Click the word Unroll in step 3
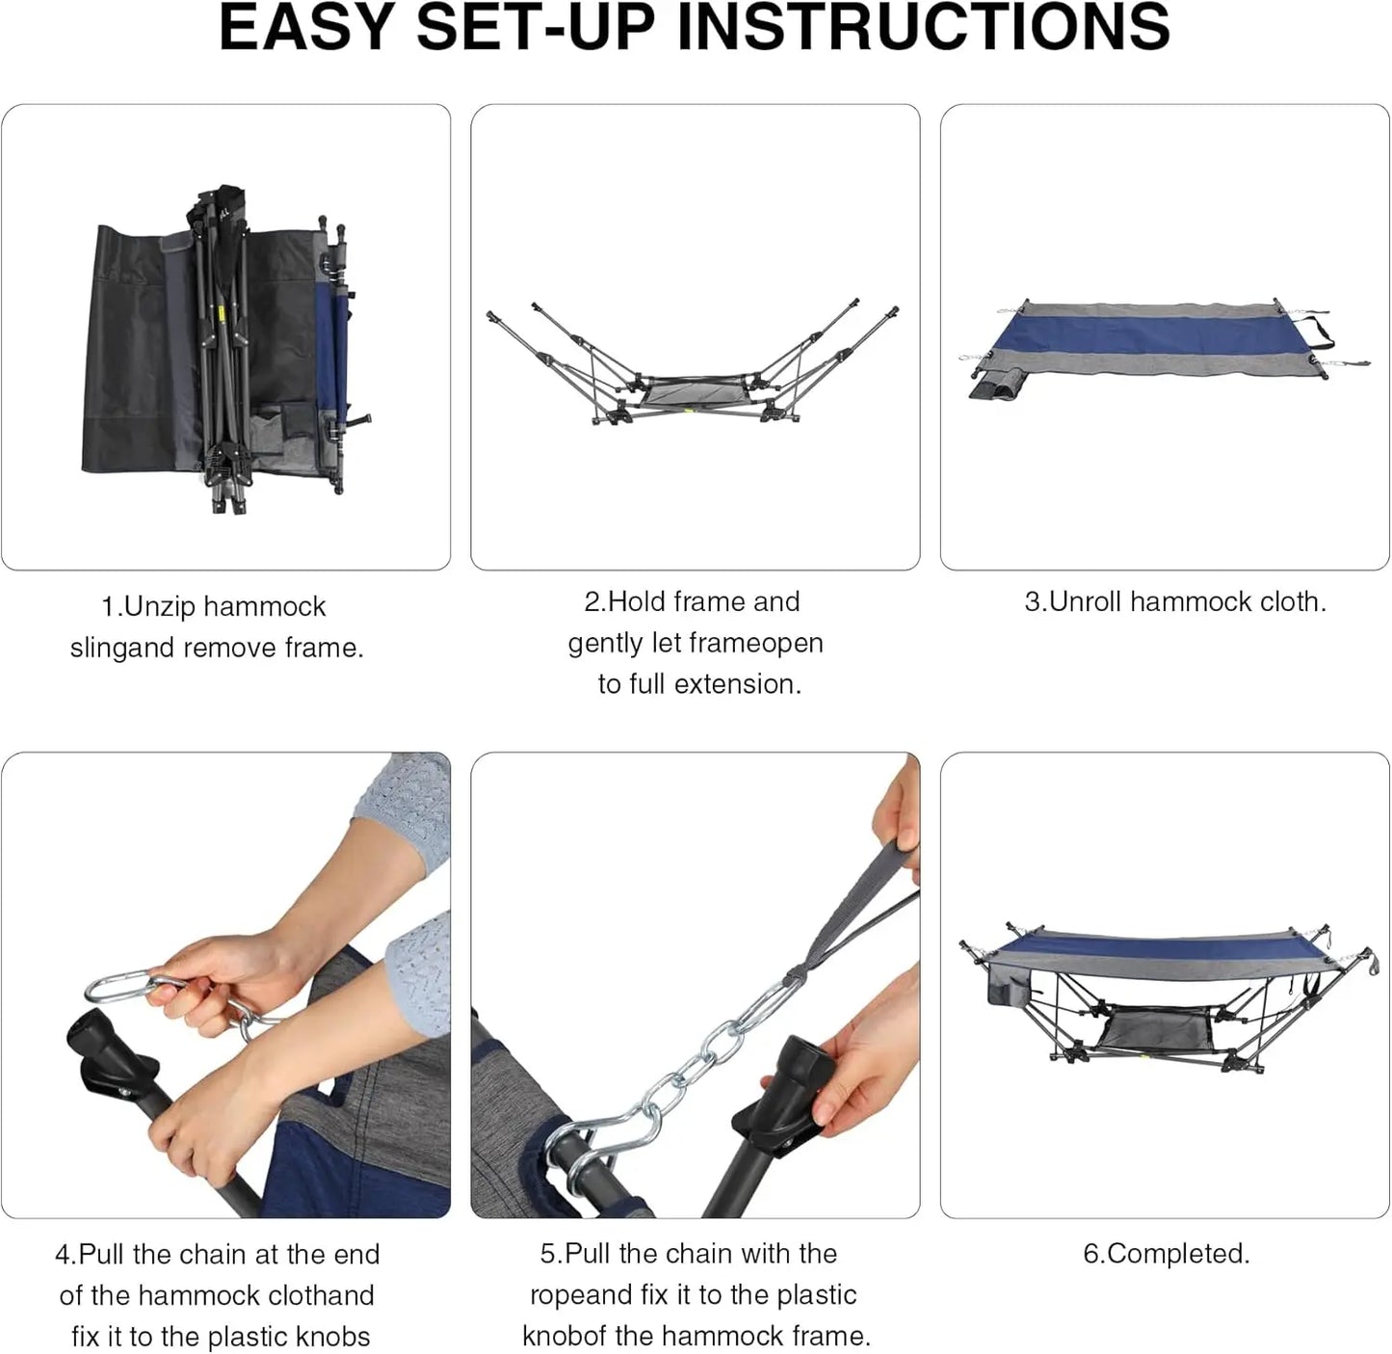[x=1085, y=602]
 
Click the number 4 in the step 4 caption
[x=62, y=1255]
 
